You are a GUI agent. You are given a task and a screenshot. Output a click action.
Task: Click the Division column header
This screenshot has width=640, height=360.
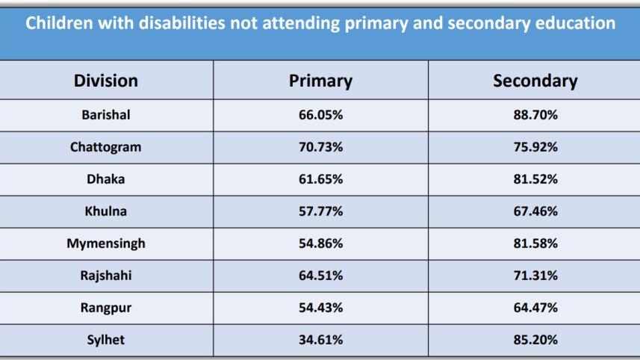pyautogui.click(x=105, y=81)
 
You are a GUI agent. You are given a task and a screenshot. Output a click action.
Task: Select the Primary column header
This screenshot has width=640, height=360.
pyautogui.click(x=320, y=81)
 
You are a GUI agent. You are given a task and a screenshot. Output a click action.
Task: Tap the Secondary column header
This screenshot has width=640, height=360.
pyautogui.click(x=535, y=81)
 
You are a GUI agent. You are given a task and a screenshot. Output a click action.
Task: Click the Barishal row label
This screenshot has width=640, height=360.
pyautogui.click(x=105, y=115)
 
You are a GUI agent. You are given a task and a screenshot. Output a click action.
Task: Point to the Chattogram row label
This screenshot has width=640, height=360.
pyautogui.click(x=105, y=147)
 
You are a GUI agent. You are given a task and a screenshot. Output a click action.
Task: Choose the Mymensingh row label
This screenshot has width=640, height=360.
pyautogui.click(x=105, y=243)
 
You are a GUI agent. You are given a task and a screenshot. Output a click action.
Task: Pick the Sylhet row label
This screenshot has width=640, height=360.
pyautogui.click(x=105, y=340)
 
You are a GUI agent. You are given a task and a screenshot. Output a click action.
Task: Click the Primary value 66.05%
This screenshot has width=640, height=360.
pyautogui.click(x=320, y=115)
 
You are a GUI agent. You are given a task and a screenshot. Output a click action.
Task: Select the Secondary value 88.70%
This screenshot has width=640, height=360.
pyautogui.click(x=535, y=115)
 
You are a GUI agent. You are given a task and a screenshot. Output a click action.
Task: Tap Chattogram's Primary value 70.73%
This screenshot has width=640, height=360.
pyautogui.click(x=320, y=147)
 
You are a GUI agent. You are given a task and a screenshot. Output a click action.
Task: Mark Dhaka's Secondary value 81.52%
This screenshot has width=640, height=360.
pyautogui.click(x=535, y=179)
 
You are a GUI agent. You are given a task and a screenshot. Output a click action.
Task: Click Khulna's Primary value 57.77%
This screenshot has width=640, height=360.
pyautogui.click(x=320, y=211)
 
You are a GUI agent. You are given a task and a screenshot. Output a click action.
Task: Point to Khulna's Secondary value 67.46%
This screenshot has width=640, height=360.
pyautogui.click(x=535, y=211)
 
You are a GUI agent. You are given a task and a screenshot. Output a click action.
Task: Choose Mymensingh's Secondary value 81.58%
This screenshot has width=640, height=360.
pyautogui.click(x=535, y=243)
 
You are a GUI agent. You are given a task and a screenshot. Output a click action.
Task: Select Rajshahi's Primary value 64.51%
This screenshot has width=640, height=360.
pyautogui.click(x=320, y=276)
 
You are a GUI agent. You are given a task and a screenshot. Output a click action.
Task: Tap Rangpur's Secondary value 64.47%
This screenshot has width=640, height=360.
pyautogui.click(x=535, y=308)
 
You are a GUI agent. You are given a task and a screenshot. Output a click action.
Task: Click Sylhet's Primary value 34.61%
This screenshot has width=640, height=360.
pyautogui.click(x=320, y=340)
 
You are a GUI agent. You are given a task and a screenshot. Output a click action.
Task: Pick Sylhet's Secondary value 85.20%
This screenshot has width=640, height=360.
pyautogui.click(x=535, y=340)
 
